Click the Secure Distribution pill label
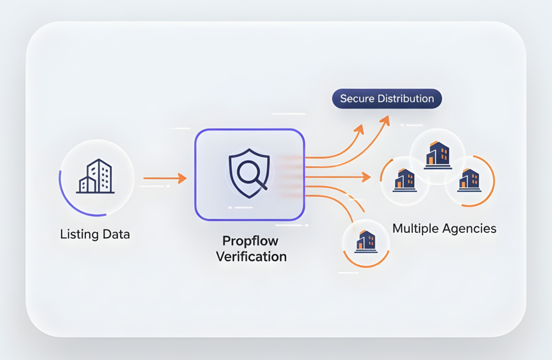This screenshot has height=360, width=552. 387,99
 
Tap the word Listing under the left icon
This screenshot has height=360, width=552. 76,234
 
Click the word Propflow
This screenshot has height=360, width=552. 250,241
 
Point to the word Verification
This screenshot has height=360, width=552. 251,257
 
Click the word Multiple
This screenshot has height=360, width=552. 417,228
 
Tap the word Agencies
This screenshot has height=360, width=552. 471,228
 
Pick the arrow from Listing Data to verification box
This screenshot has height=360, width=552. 165,178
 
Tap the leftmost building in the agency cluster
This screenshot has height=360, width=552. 405,181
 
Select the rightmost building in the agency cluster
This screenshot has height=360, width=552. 469,181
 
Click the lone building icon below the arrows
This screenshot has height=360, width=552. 366,242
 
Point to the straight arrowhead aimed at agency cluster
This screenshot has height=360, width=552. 367,177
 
